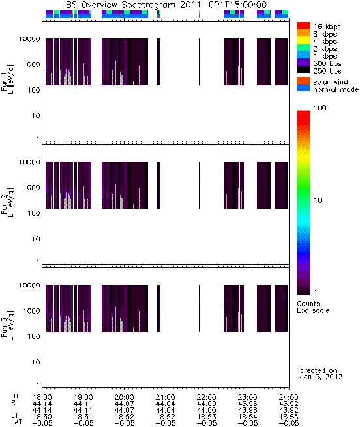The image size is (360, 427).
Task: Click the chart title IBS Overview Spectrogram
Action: (x=119, y=5)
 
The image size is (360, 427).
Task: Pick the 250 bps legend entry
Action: (x=327, y=71)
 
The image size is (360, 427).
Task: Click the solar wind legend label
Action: (x=331, y=82)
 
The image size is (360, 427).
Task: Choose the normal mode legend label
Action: (x=336, y=89)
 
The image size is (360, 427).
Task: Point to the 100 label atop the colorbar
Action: (x=320, y=108)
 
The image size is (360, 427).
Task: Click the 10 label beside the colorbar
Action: (x=318, y=200)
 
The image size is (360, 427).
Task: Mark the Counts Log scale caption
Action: (x=313, y=307)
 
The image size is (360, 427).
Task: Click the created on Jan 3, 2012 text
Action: (x=321, y=374)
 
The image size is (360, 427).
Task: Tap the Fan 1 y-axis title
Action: (x=8, y=79)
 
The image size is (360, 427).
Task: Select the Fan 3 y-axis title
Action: (x=8, y=325)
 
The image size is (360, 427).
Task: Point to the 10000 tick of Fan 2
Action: (x=29, y=162)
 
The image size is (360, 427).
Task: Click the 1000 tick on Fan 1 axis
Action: (x=31, y=65)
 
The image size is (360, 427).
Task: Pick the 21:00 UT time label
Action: (x=166, y=397)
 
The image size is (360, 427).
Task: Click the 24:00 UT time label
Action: (x=289, y=397)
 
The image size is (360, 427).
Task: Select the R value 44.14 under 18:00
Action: (x=42, y=404)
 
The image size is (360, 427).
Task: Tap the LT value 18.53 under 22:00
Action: (x=207, y=417)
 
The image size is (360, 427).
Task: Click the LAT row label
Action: (x=16, y=423)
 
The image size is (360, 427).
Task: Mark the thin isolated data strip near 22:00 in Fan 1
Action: (x=199, y=62)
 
